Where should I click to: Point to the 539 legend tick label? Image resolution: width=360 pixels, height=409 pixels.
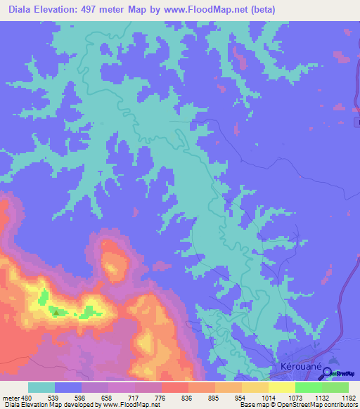54,397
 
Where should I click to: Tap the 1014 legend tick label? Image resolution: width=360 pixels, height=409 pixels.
268,397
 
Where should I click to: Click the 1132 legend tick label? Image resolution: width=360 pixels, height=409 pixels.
321,397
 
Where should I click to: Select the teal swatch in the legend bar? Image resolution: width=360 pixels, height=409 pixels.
41,387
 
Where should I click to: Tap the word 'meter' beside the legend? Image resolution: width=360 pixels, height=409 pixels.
9,397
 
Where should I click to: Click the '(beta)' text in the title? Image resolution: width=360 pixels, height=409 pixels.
261,10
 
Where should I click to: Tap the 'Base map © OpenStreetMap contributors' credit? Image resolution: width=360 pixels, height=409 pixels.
298,405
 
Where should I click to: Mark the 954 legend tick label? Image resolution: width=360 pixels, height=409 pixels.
241,397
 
